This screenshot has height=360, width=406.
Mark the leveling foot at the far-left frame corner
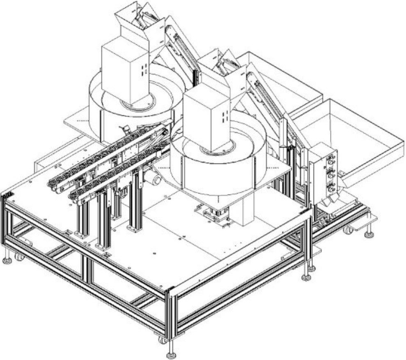(7, 260)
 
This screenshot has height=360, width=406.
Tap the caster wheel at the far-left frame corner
(19, 257)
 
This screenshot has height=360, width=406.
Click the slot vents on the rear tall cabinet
(143, 69)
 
